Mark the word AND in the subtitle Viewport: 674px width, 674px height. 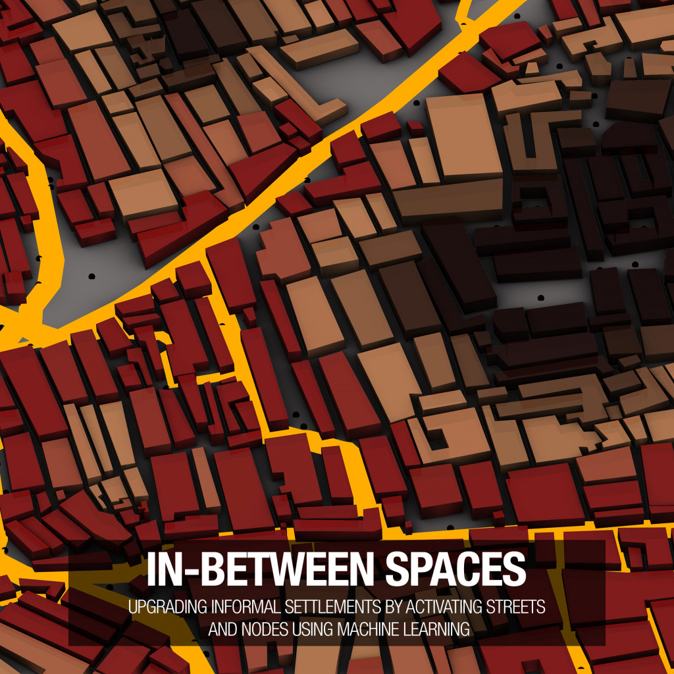(223, 629)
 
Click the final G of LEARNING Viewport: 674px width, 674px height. (465, 629)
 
